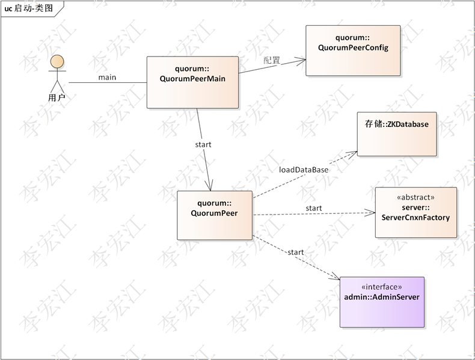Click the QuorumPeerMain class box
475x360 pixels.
pyautogui.click(x=192, y=82)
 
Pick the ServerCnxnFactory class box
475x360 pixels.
pyautogui.click(x=415, y=212)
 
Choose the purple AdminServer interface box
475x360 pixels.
pyautogui.click(x=382, y=302)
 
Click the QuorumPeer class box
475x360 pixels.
pyautogui.click(x=214, y=215)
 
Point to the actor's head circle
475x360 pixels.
pyautogui.click(x=57, y=61)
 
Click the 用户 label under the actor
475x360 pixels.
pyautogui.click(x=57, y=97)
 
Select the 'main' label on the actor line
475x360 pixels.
pyautogui.click(x=107, y=77)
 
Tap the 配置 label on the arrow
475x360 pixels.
pyautogui.click(x=272, y=60)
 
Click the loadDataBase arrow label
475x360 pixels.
pyautogui.click(x=304, y=169)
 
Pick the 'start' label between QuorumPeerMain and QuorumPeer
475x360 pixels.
pyautogui.click(x=203, y=144)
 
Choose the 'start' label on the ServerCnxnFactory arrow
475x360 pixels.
pyautogui.click(x=313, y=208)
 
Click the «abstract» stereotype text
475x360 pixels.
pyautogui.click(x=415, y=197)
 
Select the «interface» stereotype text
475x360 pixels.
pyautogui.click(x=381, y=287)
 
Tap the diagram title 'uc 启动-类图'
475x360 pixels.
pyautogui.click(x=29, y=8)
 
